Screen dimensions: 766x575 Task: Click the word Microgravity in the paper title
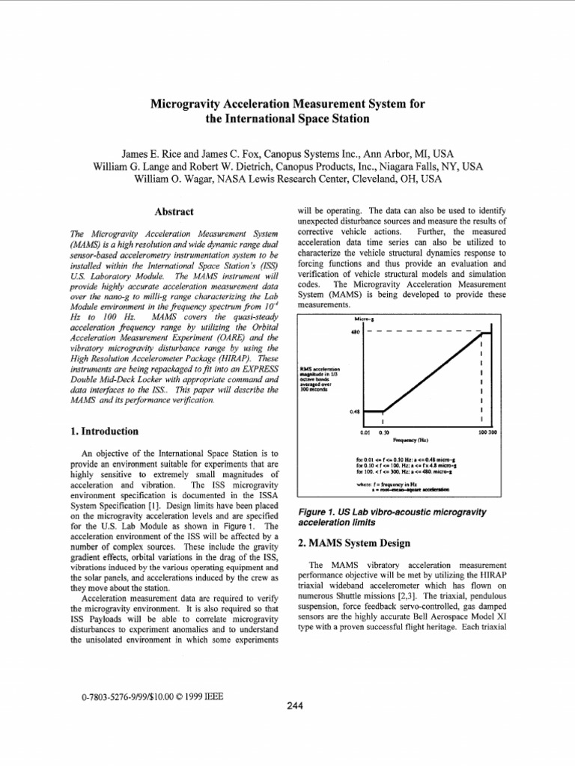(186, 104)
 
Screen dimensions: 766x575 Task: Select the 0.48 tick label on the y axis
(355, 411)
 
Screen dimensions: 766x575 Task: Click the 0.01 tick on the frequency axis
(365, 432)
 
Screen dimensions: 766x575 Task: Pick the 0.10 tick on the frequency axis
(383, 432)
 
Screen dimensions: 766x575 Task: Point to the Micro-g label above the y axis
(365, 320)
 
